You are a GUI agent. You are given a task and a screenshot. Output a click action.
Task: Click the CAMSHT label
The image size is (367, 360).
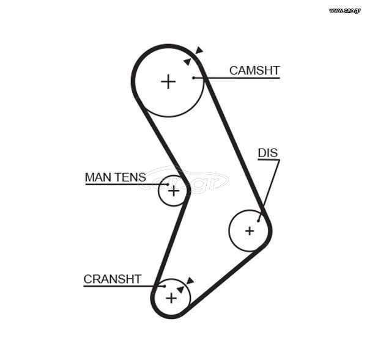click(254, 70)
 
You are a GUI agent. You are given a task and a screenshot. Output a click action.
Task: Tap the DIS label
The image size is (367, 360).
click(268, 153)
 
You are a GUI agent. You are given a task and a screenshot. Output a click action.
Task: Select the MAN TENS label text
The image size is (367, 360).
click(116, 177)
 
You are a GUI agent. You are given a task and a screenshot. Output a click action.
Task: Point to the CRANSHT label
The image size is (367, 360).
click(113, 279)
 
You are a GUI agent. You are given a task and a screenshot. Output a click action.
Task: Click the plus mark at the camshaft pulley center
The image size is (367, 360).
click(168, 82)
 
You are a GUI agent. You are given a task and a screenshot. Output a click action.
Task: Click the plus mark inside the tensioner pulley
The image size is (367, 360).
click(174, 191)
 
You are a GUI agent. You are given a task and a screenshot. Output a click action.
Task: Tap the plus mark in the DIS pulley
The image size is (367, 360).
click(250, 231)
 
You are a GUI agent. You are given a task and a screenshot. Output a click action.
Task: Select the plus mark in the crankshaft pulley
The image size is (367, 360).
click(171, 298)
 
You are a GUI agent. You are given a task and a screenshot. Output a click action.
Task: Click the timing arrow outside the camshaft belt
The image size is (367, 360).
click(199, 50)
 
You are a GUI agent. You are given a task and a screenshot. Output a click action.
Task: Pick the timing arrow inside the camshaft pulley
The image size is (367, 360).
click(188, 62)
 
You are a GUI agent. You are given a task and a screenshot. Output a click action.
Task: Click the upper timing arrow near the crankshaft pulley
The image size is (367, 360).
click(190, 281)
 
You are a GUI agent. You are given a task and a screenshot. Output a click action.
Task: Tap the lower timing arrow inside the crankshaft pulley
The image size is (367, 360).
click(180, 290)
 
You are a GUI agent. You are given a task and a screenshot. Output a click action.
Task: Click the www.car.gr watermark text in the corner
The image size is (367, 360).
click(344, 10)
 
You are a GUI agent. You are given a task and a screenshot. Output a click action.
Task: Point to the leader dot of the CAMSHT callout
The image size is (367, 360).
click(193, 78)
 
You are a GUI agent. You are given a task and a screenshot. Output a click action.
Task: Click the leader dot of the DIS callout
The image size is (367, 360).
click(258, 221)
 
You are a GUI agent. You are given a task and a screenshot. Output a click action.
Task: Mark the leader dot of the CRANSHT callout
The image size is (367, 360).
click(165, 286)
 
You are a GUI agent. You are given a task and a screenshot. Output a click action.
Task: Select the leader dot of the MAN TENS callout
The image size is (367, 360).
click(168, 185)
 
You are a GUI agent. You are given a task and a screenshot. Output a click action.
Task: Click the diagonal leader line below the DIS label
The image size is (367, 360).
click(269, 191)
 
